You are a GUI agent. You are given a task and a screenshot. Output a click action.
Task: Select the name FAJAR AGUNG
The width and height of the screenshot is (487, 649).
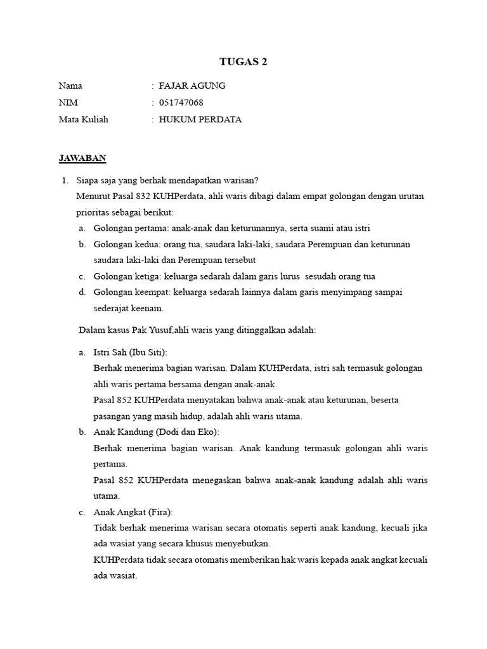tap(192, 86)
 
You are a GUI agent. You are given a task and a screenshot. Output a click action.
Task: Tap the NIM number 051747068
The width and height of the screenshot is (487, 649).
tap(181, 103)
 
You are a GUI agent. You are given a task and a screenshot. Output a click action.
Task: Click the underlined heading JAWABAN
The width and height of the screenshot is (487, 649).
tap(82, 157)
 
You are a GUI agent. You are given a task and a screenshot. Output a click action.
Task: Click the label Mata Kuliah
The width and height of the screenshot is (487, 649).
tap(83, 119)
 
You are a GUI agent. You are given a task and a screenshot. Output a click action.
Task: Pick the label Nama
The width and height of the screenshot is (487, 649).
tap(70, 86)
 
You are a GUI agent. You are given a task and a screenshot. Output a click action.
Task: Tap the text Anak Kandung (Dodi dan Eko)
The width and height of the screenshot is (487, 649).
tap(156, 432)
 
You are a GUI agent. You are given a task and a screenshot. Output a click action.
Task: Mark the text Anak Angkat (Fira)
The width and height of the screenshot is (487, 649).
tap(133, 512)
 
